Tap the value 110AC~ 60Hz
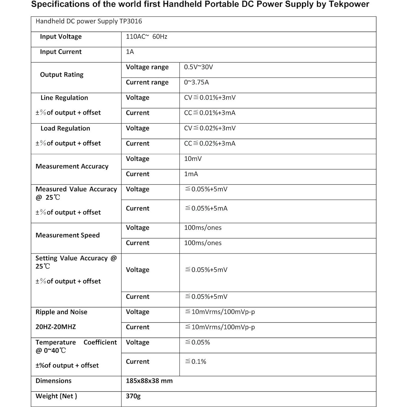146,37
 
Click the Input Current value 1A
130,52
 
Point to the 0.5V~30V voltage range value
198,67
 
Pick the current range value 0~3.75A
196,82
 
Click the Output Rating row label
62,75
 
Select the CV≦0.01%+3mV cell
210,98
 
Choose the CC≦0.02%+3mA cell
210,144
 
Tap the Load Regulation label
65,129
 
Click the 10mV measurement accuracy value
193,159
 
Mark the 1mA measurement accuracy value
191,174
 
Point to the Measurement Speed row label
68,235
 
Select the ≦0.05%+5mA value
206,208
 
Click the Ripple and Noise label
61,312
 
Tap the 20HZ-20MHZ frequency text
56,327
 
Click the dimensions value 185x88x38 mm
149,381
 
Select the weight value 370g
133,396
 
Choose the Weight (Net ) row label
56,396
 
